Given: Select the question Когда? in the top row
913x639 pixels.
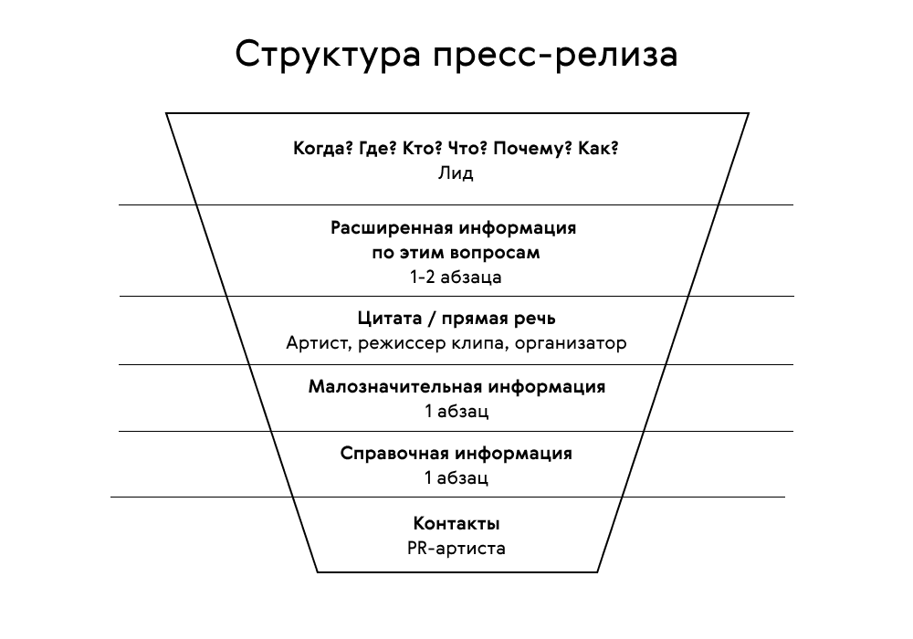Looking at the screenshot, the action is [323, 149].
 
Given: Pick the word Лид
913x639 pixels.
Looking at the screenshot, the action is [456, 173].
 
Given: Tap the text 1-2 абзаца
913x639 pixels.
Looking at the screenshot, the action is [456, 277].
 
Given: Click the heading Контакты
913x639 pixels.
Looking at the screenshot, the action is [456, 524].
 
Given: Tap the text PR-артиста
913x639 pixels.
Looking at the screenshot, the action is [456, 549].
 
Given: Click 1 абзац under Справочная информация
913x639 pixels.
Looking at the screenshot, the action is [456, 477].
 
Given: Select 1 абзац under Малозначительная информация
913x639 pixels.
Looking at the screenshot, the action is [456, 411].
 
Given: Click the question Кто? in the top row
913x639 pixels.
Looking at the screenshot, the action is [422, 149].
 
